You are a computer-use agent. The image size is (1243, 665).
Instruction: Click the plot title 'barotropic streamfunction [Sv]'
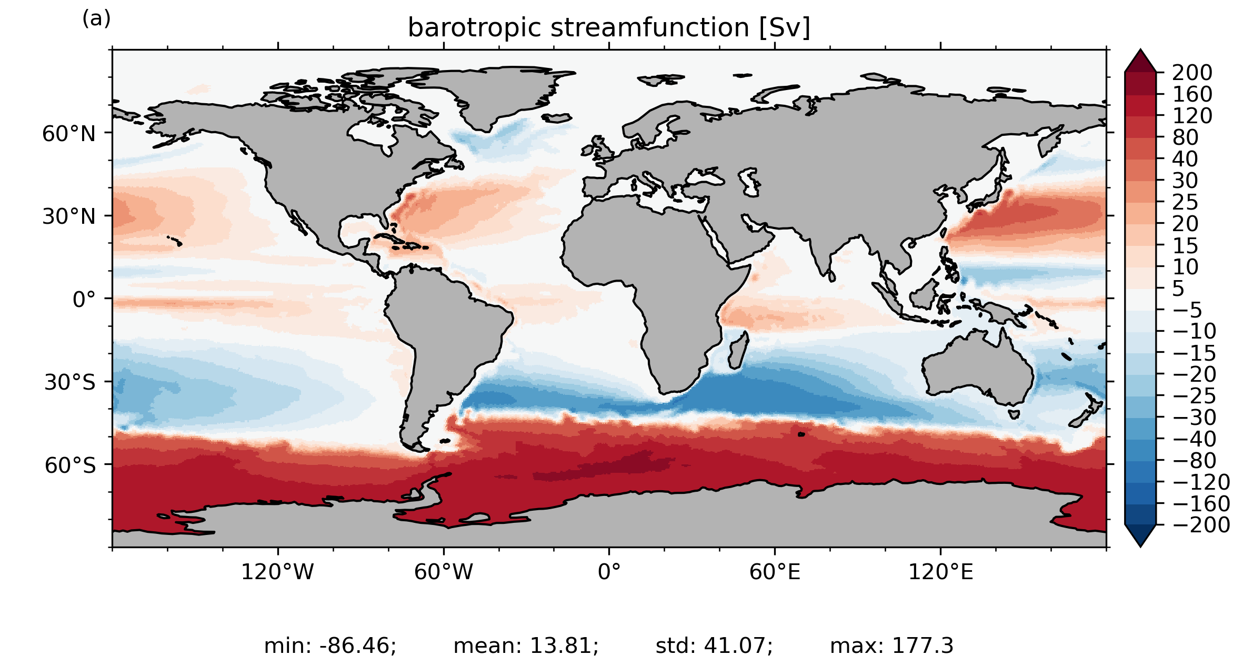point(609,27)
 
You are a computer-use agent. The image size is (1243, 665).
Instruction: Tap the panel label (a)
point(96,19)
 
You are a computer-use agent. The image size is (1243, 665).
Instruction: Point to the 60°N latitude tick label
point(69,134)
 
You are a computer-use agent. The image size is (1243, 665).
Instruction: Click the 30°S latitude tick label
point(70,382)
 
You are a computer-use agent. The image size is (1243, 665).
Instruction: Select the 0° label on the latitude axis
point(84,300)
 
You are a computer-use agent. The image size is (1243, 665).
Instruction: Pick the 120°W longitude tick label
point(277,572)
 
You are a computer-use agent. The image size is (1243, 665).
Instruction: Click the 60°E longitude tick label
point(775,572)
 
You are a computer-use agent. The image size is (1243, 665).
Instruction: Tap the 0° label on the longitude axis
point(609,572)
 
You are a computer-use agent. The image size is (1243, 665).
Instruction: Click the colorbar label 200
point(1192,73)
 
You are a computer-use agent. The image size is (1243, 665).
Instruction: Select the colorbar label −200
point(1201,525)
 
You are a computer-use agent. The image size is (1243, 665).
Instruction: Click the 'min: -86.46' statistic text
point(330,646)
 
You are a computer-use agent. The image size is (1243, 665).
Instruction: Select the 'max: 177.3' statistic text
point(891,646)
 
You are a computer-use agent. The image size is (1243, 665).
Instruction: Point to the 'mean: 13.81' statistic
point(526,646)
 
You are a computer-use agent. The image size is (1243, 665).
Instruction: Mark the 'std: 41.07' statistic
point(714,646)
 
